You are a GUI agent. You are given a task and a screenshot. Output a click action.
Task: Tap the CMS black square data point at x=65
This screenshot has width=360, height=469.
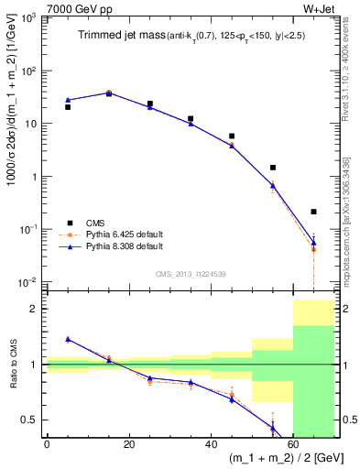pos(313,212)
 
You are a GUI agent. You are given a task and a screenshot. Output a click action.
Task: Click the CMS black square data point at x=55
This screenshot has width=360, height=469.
pos(273,168)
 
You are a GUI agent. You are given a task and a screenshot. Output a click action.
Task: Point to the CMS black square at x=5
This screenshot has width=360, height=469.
pos(68,107)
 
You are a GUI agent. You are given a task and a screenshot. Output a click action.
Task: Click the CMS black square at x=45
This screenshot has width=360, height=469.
pos(232,136)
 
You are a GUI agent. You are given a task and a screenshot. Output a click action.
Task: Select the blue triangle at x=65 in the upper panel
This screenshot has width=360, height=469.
pos(313,242)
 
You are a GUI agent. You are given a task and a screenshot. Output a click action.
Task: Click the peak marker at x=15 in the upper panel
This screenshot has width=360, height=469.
pos(109,93)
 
